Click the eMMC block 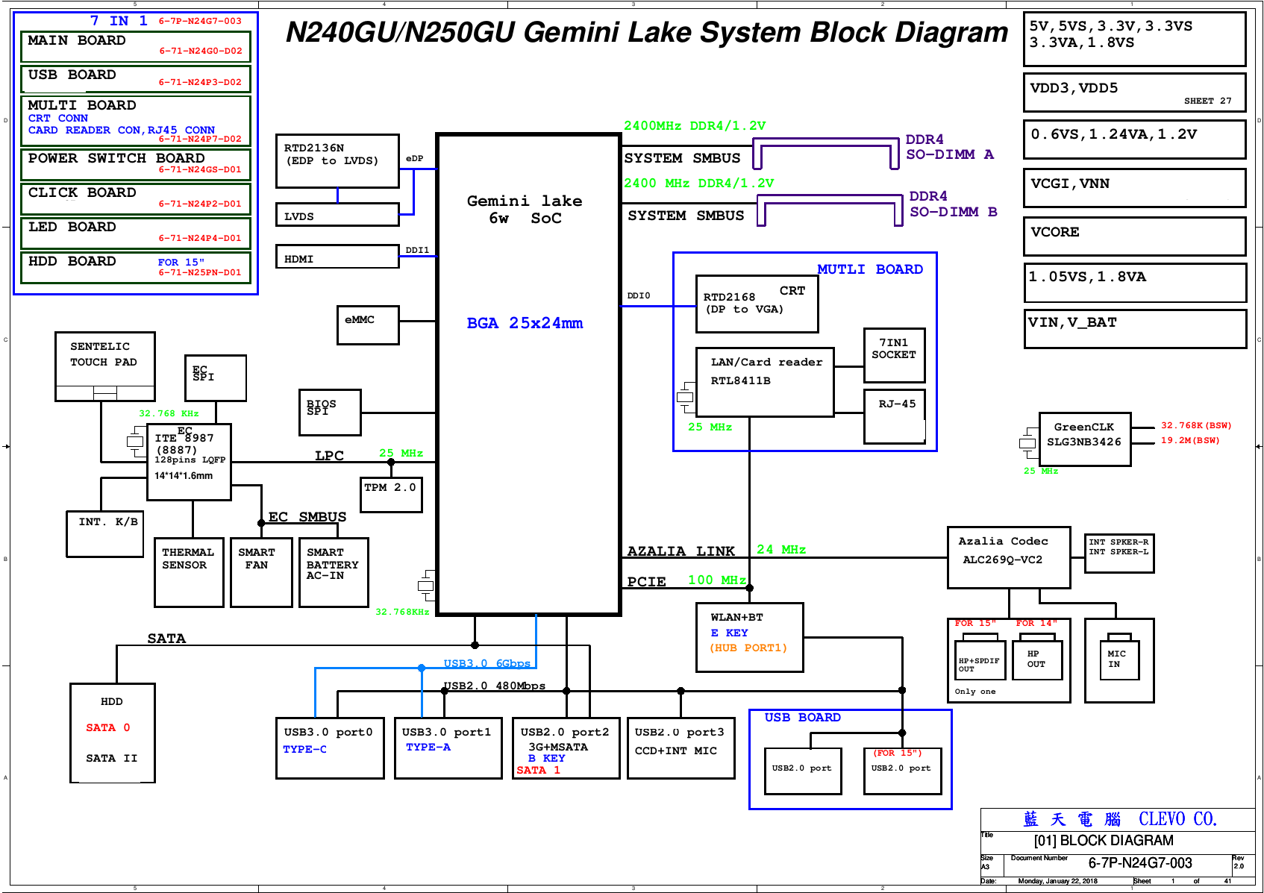(x=368, y=325)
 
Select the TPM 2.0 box (x=391, y=495)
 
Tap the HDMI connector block (x=337, y=257)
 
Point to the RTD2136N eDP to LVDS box (x=337, y=160)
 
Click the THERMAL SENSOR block (x=189, y=572)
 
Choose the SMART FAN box (x=261, y=572)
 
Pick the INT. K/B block (x=104, y=533)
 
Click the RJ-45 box (x=894, y=416)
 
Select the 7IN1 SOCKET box (x=894, y=355)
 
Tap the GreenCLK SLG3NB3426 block (x=1084, y=439)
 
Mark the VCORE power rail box (x=1134, y=236)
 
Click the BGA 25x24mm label (x=525, y=323)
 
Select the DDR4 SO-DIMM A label (x=949, y=147)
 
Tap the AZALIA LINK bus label (x=681, y=551)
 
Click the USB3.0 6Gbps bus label (x=486, y=663)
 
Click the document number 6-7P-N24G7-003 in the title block (x=1139, y=863)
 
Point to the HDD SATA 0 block (x=112, y=733)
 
